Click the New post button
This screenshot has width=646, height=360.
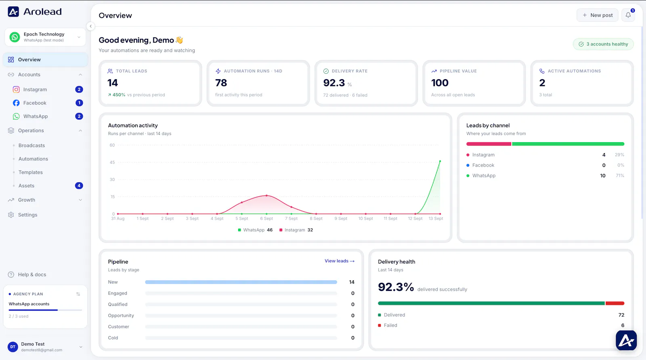[597, 15]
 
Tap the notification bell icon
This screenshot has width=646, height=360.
[628, 15]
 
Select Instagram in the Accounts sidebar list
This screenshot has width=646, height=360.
[35, 89]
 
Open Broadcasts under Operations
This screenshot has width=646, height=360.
[32, 145]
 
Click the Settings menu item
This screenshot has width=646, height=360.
[28, 215]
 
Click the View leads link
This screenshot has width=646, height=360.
[340, 261]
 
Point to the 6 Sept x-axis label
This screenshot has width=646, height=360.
[266, 219]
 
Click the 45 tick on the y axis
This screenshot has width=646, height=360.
[112, 162]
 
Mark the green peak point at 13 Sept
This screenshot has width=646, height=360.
[440, 161]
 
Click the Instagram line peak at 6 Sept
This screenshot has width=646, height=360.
[266, 196]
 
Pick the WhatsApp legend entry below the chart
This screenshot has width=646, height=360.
[255, 230]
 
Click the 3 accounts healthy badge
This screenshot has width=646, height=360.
[603, 44]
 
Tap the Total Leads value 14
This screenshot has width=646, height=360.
[113, 83]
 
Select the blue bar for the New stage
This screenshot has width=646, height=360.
[241, 282]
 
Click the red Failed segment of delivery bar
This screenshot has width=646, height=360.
[615, 303]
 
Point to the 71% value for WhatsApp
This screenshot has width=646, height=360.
[620, 175]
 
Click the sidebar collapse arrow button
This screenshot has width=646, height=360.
[90, 26]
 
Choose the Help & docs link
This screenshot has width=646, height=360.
[32, 275]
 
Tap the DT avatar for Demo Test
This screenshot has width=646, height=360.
[13, 347]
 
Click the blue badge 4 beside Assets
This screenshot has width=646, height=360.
[79, 185]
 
